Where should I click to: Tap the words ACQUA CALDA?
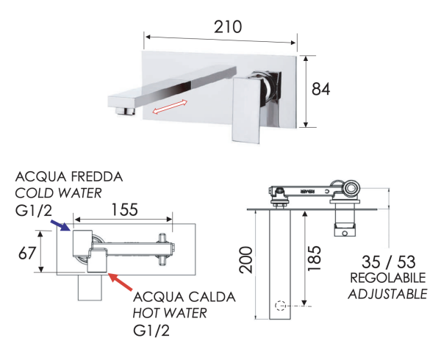(x=184, y=297)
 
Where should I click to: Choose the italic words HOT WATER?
(x=170, y=314)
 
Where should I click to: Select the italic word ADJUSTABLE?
(x=387, y=294)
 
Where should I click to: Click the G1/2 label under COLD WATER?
(x=35, y=212)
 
